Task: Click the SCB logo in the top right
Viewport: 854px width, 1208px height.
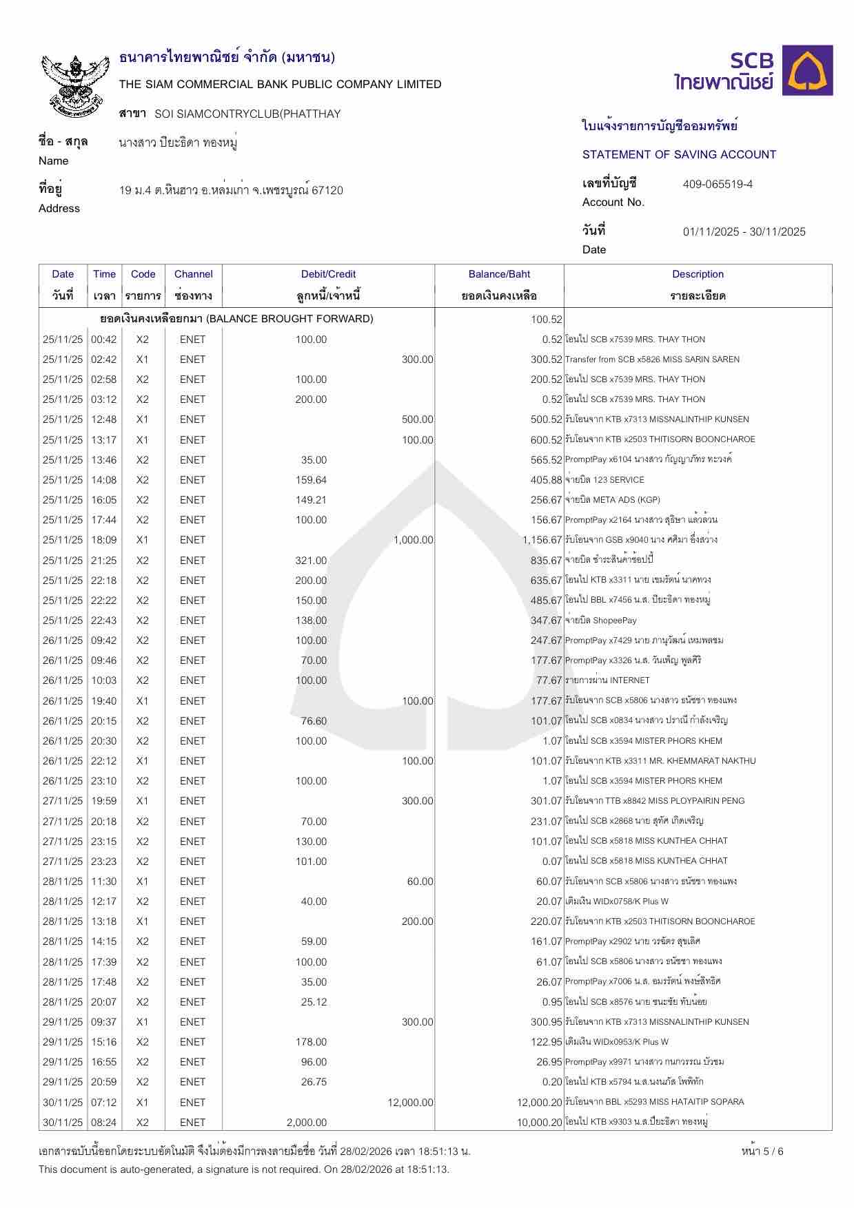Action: pyautogui.click(x=753, y=71)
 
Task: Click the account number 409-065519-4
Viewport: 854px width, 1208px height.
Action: pyautogui.click(x=718, y=185)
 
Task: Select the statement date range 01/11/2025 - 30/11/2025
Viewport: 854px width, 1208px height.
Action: pyautogui.click(x=744, y=232)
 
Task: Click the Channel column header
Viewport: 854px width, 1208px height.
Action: pyautogui.click(x=193, y=274)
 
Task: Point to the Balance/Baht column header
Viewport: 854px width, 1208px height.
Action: pyautogui.click(x=499, y=274)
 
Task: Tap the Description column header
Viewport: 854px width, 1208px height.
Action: pyautogui.click(x=698, y=274)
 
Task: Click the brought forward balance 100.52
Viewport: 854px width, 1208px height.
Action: pyautogui.click(x=547, y=320)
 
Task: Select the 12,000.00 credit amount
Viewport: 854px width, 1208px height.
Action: pyautogui.click(x=410, y=1103)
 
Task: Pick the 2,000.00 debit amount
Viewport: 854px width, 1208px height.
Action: pyautogui.click(x=307, y=1123)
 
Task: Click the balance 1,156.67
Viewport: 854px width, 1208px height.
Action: pyautogui.click(x=542, y=540)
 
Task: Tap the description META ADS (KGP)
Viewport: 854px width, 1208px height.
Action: pyautogui.click(x=604, y=500)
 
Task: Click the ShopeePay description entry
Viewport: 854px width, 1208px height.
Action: pyautogui.click(x=600, y=621)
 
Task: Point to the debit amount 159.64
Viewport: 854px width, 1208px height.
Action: pyautogui.click(x=311, y=480)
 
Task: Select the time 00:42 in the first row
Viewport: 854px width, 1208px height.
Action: pyautogui.click(x=104, y=340)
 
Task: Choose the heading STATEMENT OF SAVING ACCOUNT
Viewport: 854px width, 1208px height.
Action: pyautogui.click(x=679, y=155)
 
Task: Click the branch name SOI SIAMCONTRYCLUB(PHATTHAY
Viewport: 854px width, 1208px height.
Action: pyautogui.click(x=247, y=114)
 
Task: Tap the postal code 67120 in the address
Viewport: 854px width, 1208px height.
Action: pyautogui.click(x=327, y=191)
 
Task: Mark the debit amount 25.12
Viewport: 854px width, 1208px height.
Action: pyautogui.click(x=314, y=1002)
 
